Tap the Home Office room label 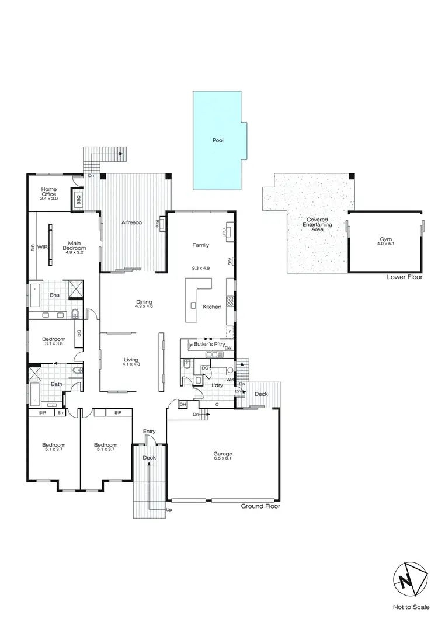tap(50, 193)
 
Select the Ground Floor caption tap(260, 506)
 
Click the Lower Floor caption tap(404, 277)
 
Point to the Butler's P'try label tap(210, 345)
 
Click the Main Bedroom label tap(74, 246)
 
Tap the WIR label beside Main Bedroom tap(42, 247)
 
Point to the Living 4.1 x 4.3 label tap(131, 361)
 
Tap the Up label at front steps tap(170, 510)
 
